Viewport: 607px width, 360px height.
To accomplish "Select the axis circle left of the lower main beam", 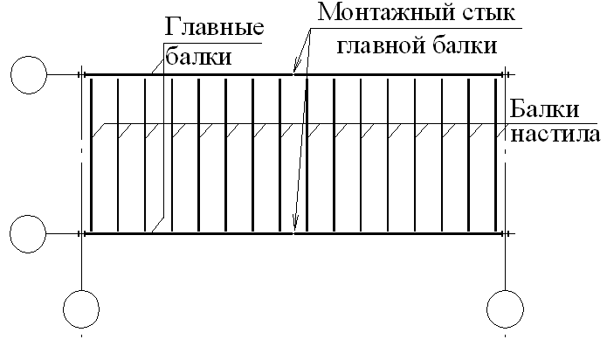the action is click(28, 233).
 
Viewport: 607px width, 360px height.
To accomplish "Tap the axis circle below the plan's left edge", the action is click(80, 308).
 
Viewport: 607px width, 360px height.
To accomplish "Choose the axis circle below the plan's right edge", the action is click(504, 308).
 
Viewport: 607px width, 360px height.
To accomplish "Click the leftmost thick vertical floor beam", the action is click(92, 155).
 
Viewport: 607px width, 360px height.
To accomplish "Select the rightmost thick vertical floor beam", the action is click(496, 155).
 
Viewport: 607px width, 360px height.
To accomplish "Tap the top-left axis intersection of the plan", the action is click(80, 76).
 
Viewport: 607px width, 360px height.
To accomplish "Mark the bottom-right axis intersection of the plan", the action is click(504, 233).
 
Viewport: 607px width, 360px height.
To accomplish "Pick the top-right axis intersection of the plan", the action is click(504, 76).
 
